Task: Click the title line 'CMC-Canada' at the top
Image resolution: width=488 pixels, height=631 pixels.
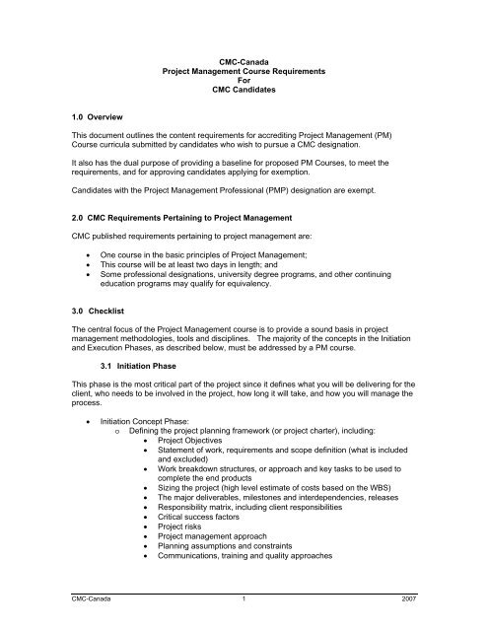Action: click(x=244, y=59)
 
